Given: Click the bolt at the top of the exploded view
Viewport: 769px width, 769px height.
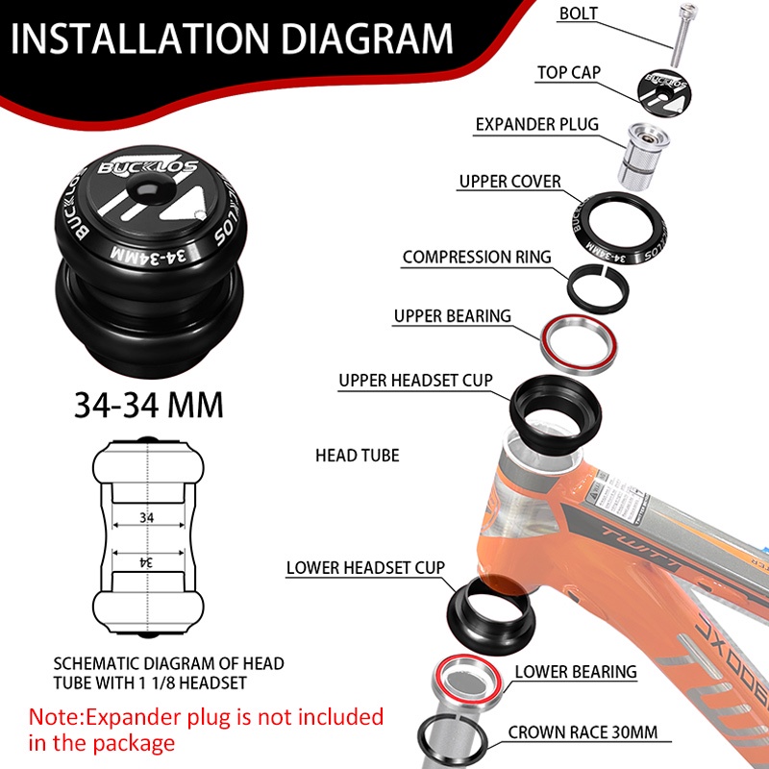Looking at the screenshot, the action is (x=682, y=35).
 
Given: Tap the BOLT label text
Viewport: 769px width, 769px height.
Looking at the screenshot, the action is (x=579, y=13).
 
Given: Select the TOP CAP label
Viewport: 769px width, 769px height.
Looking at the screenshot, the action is (x=569, y=73).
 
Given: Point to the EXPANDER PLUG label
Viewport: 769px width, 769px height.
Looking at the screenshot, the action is (x=537, y=125).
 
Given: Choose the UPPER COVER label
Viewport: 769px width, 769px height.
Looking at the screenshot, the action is (x=510, y=182).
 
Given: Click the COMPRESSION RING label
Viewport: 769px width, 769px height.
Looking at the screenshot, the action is (x=477, y=257).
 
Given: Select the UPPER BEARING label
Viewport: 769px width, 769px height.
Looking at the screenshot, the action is (x=452, y=316).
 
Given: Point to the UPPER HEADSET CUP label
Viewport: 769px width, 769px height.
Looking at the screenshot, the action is (x=415, y=381).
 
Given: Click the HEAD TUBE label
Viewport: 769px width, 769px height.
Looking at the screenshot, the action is (x=357, y=456).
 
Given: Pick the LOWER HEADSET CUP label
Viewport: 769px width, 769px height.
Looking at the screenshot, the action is (x=365, y=568).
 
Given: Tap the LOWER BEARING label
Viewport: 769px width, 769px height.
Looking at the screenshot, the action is (x=576, y=672).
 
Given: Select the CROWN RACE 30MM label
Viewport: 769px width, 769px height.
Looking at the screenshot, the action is (x=583, y=732).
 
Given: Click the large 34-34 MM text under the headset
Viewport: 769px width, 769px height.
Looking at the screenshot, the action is (x=149, y=405).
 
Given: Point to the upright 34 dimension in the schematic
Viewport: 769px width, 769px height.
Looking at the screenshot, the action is (x=146, y=517).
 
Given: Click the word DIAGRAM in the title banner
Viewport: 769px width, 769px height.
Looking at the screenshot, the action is (x=367, y=38).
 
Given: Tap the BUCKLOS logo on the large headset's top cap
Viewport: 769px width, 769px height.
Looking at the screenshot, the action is (x=148, y=167).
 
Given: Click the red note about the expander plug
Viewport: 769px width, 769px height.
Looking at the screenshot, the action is (x=206, y=730).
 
